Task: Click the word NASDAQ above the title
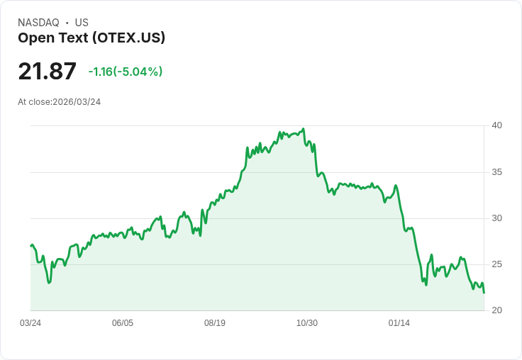(x=38, y=23)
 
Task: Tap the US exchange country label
(x=82, y=23)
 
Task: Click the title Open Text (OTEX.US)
(x=91, y=38)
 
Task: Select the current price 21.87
(x=47, y=71)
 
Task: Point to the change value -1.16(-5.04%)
(x=126, y=72)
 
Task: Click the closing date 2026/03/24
(x=77, y=102)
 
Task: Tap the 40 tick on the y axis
(x=496, y=125)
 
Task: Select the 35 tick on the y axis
(x=496, y=172)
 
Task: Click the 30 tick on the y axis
(x=496, y=218)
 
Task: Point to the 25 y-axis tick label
(x=496, y=264)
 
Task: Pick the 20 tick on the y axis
(x=496, y=310)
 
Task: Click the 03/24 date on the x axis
(x=30, y=323)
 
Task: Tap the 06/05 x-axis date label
(x=123, y=323)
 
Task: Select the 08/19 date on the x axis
(x=215, y=323)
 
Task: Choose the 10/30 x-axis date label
(x=307, y=323)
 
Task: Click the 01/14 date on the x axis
(x=399, y=323)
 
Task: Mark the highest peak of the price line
(x=304, y=129)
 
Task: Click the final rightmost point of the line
(x=484, y=293)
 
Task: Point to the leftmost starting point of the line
(x=31, y=246)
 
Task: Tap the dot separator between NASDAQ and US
(x=67, y=23)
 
